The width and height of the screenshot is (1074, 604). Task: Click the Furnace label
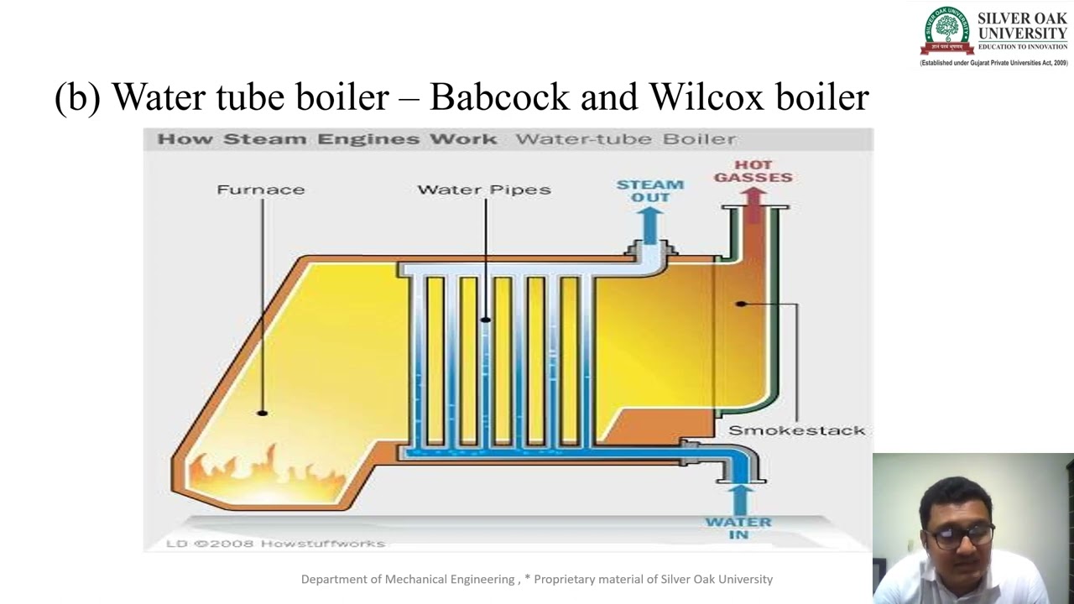click(260, 190)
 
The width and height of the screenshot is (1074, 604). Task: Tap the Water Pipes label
click(484, 190)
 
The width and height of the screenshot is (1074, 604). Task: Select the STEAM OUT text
click(650, 190)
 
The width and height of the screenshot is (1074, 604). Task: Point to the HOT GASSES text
click(753, 171)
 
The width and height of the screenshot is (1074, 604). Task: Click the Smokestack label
click(796, 430)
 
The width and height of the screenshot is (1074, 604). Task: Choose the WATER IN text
click(738, 528)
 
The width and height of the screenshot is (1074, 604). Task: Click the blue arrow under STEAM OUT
click(649, 223)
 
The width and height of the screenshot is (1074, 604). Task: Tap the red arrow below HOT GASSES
click(753, 201)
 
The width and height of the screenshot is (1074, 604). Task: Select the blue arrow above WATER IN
click(739, 498)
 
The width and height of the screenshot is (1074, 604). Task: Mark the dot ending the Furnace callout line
click(263, 413)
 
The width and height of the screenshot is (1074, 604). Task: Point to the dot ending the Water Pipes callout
click(485, 320)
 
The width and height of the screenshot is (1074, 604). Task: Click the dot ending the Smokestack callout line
click(740, 304)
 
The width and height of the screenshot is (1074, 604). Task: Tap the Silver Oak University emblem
click(946, 30)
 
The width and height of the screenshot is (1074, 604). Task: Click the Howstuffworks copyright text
click(275, 544)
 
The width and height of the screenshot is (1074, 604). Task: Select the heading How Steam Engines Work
click(326, 139)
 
